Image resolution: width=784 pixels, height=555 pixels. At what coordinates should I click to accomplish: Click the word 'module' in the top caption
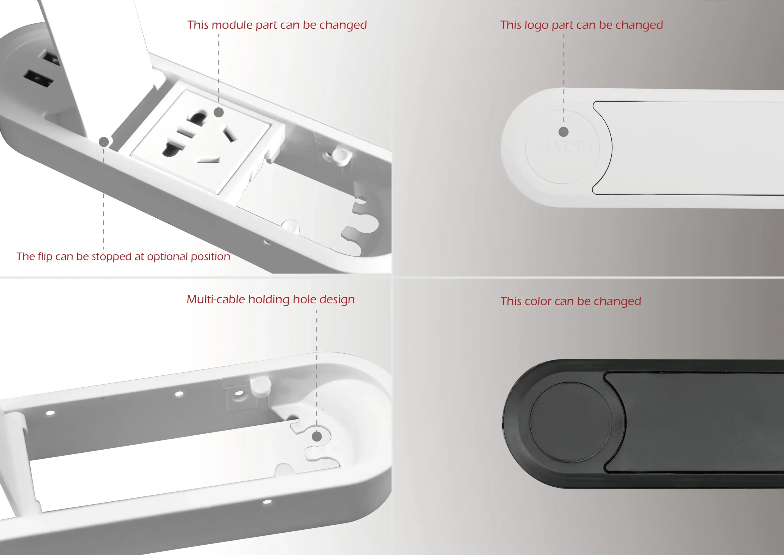[232, 25]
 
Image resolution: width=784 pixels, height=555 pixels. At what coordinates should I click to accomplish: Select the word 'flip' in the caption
[45, 256]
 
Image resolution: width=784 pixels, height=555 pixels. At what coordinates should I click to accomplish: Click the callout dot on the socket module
[219, 112]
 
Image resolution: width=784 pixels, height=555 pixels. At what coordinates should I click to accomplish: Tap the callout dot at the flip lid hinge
[104, 142]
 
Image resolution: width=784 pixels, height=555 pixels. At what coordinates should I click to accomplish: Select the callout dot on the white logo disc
[563, 131]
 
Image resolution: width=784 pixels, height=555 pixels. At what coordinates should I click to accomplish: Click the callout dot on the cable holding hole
[317, 436]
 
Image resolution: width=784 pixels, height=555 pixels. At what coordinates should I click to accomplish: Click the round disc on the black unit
[570, 422]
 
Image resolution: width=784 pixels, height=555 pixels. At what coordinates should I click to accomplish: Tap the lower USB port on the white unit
[38, 78]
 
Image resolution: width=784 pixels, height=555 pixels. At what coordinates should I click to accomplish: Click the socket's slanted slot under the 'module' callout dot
[229, 134]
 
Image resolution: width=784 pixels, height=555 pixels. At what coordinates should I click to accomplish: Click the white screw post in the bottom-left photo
[261, 386]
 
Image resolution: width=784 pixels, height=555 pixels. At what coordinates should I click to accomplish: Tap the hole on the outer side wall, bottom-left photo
[267, 502]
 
